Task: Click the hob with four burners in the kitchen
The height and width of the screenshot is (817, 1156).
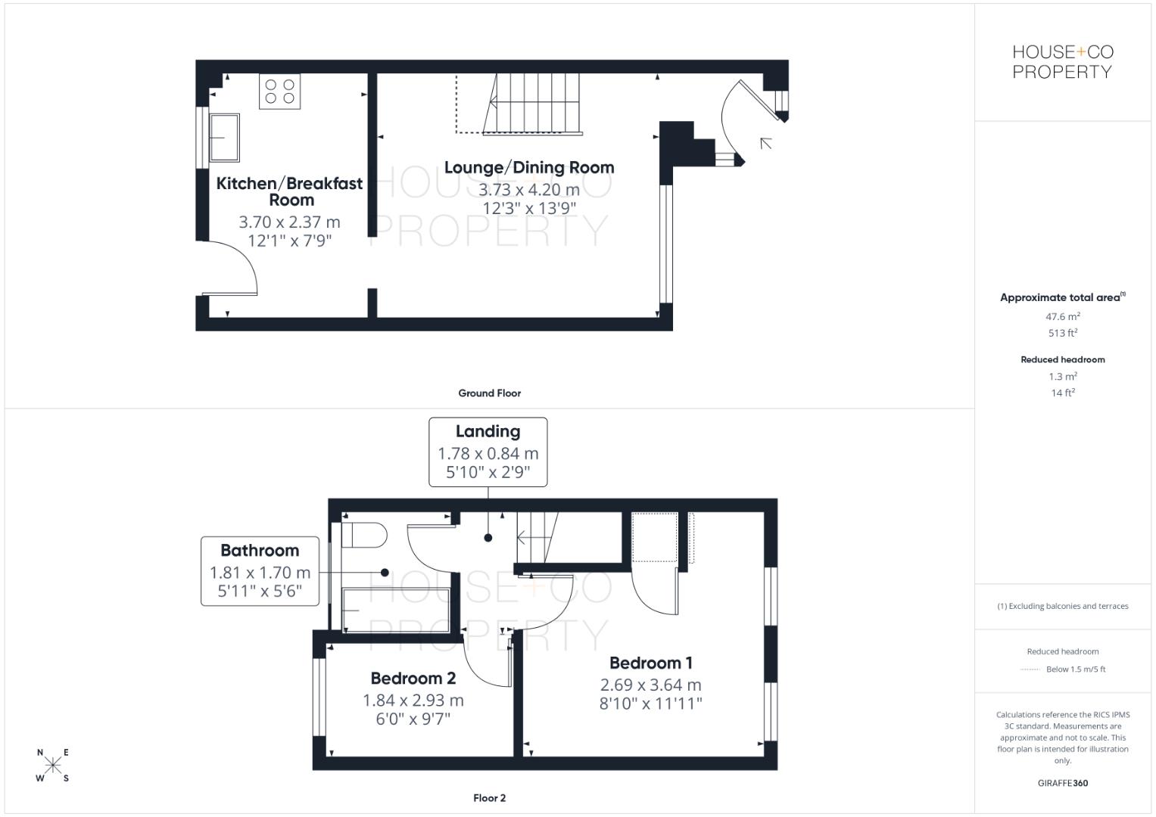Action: pos(279,92)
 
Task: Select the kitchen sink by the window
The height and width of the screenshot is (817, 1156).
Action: pos(224,138)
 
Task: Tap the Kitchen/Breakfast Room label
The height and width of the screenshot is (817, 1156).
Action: pos(289,191)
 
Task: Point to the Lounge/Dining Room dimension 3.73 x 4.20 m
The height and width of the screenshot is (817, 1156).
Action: pos(529,189)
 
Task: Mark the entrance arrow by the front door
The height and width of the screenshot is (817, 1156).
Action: pos(766,142)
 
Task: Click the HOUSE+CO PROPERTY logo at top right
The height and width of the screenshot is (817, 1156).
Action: pos(1062,62)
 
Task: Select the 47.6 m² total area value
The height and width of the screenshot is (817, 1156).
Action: pos(1062,317)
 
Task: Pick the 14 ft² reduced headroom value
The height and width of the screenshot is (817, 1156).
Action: pos(1062,393)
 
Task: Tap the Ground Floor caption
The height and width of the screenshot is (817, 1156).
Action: pos(489,393)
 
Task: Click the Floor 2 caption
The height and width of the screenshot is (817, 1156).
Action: pos(489,798)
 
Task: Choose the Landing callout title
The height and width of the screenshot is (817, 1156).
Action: pos(488,432)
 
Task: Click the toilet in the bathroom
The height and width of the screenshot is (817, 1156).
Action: pos(364,535)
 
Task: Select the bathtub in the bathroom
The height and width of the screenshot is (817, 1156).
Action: pos(396,610)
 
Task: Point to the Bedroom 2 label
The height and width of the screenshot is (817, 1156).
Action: pos(413,679)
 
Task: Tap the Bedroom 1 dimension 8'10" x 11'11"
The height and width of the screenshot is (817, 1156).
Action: pos(650,704)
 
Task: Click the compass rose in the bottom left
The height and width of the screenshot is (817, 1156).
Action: pos(53,765)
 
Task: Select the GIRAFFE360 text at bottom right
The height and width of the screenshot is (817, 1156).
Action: pos(1062,783)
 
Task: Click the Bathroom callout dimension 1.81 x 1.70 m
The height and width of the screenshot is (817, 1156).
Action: pos(260,573)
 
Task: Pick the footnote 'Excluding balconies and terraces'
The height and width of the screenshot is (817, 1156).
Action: pos(1062,606)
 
